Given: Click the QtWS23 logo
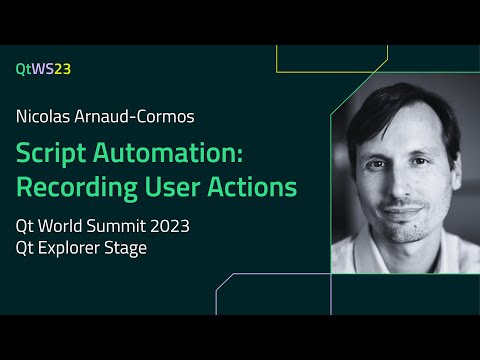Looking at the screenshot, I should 43,68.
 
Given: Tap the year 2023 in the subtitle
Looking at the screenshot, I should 168,226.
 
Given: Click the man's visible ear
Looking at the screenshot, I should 458,170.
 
